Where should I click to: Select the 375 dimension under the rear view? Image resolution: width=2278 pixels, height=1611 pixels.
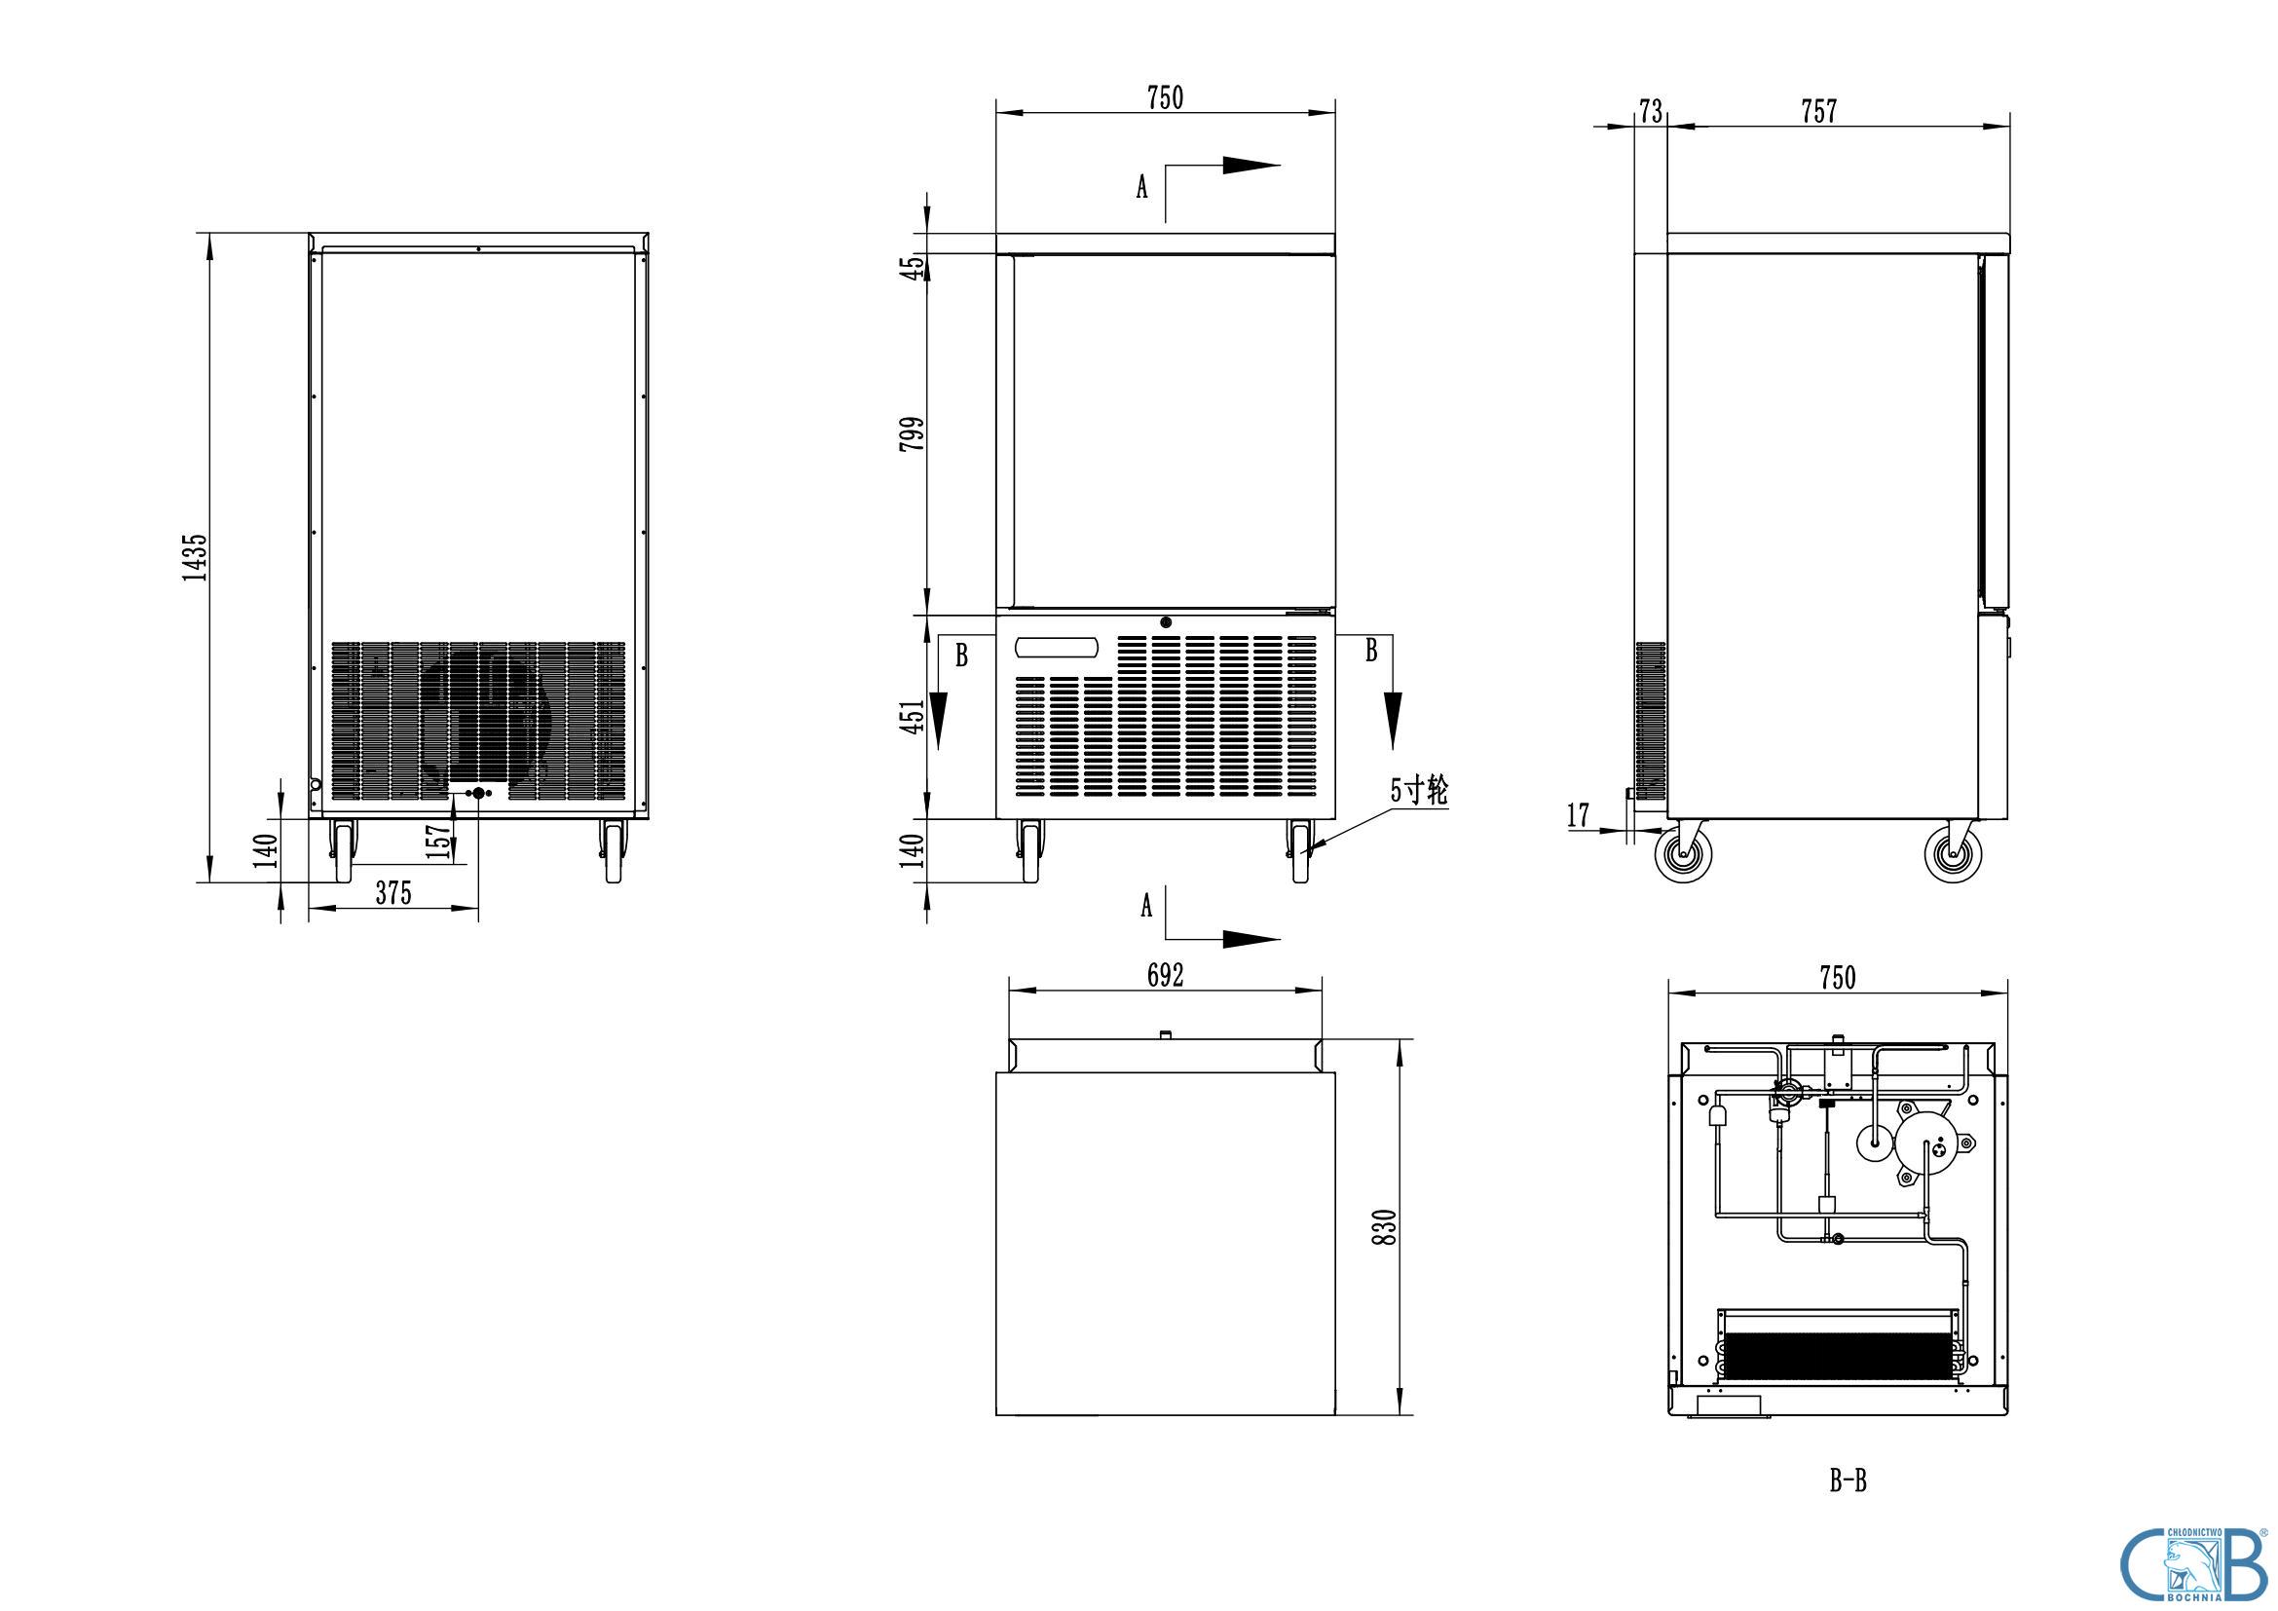click(392, 893)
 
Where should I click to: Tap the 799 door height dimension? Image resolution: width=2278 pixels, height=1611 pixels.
click(912, 433)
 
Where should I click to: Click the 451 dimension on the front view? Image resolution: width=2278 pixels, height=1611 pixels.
click(912, 715)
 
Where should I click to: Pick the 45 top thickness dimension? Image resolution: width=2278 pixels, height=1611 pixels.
click(912, 266)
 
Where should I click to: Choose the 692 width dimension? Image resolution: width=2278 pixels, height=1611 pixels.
click(1166, 976)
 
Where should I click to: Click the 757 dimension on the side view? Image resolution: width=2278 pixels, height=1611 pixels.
click(1818, 111)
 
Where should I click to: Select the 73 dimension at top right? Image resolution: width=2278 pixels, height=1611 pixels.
click(1650, 111)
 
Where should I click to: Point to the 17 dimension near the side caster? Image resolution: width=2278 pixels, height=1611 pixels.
click(1578, 815)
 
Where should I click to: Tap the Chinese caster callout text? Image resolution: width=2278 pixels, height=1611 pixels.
click(1419, 791)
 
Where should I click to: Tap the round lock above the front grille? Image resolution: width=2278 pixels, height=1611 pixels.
click(1166, 623)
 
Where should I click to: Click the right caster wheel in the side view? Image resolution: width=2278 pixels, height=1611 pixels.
click(1953, 854)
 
